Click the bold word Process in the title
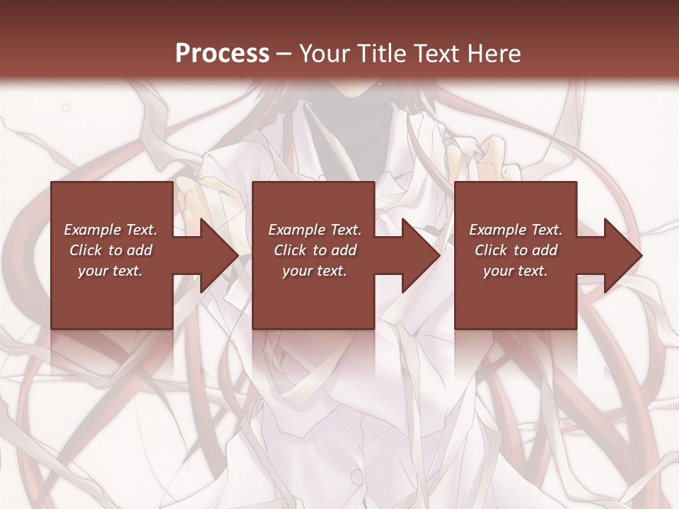(x=222, y=54)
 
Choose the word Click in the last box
(x=492, y=250)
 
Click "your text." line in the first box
(x=110, y=271)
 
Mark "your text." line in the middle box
(x=314, y=271)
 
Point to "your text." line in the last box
(x=516, y=271)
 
